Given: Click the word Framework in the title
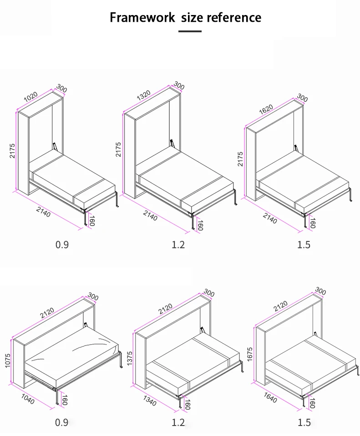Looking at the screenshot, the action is tap(142, 18).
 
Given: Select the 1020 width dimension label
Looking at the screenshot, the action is tap(30, 97).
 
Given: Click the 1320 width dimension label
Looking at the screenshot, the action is tap(144, 95).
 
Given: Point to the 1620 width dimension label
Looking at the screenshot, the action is tap(266, 109).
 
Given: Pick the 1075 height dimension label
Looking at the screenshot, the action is tap(8, 361).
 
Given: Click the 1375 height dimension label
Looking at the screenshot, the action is tap(129, 358).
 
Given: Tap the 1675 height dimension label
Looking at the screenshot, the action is tap(249, 354).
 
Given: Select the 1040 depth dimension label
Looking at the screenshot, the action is tap(28, 399).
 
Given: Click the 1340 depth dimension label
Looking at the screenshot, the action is tap(150, 401).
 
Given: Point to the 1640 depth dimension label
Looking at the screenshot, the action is tap(270, 398).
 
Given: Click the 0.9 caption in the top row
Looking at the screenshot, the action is tap(62, 245).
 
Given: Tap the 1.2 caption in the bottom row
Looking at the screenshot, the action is tap(178, 423).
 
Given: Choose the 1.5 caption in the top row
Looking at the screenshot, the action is tap(304, 245).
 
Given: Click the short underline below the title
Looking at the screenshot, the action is tap(190, 31).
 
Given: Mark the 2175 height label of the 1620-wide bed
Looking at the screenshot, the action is tap(240, 159).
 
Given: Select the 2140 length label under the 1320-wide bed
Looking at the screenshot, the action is tap(150, 215).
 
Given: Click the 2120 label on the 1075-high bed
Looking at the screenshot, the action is tap(47, 313).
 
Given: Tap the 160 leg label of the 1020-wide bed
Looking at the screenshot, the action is tap(92, 221).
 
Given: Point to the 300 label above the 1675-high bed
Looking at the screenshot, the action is tap(320, 291).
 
